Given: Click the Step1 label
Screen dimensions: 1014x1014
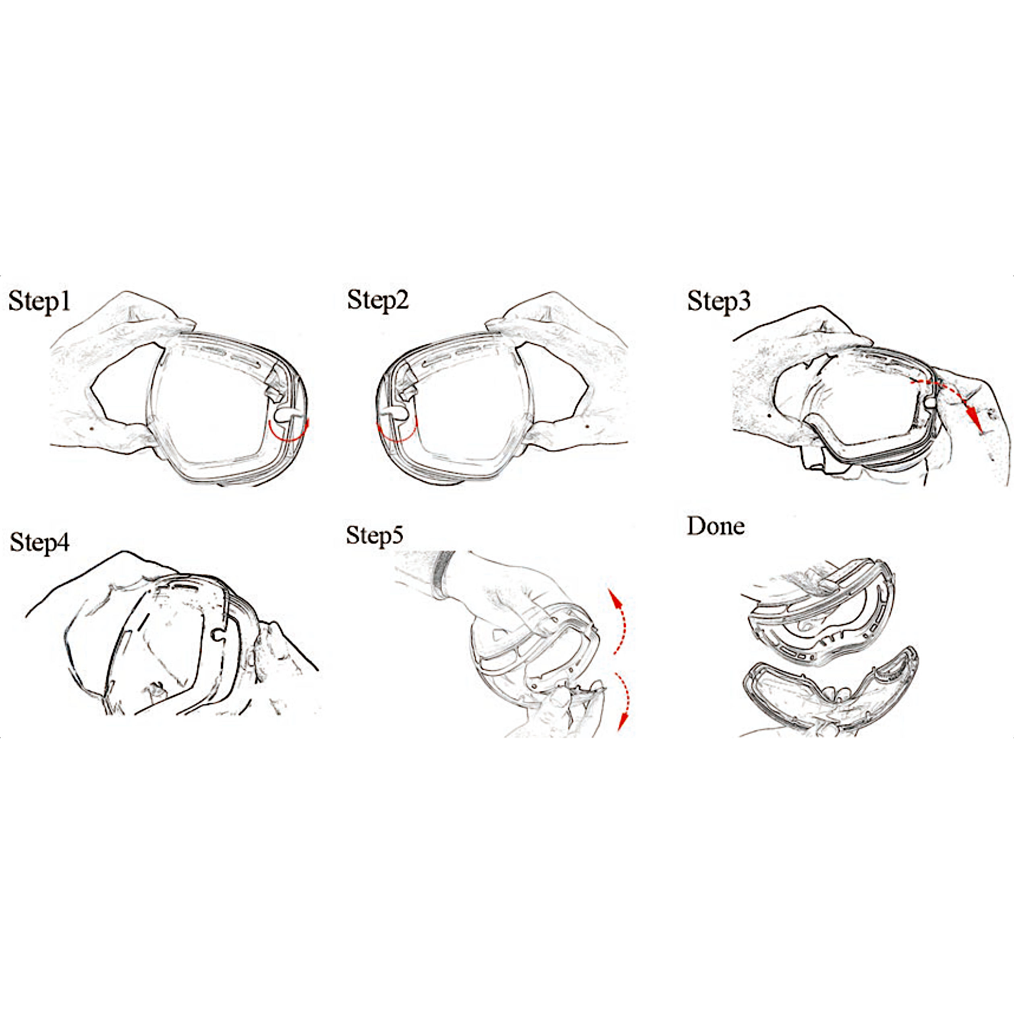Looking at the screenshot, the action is click(x=40, y=302).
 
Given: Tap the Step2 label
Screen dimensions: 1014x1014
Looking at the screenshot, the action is click(x=378, y=301).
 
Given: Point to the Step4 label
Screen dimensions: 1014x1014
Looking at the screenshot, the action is click(x=40, y=542).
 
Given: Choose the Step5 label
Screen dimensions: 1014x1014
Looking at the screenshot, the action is click(x=375, y=535).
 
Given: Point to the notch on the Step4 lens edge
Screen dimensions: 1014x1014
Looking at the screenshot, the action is click(x=216, y=635).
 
